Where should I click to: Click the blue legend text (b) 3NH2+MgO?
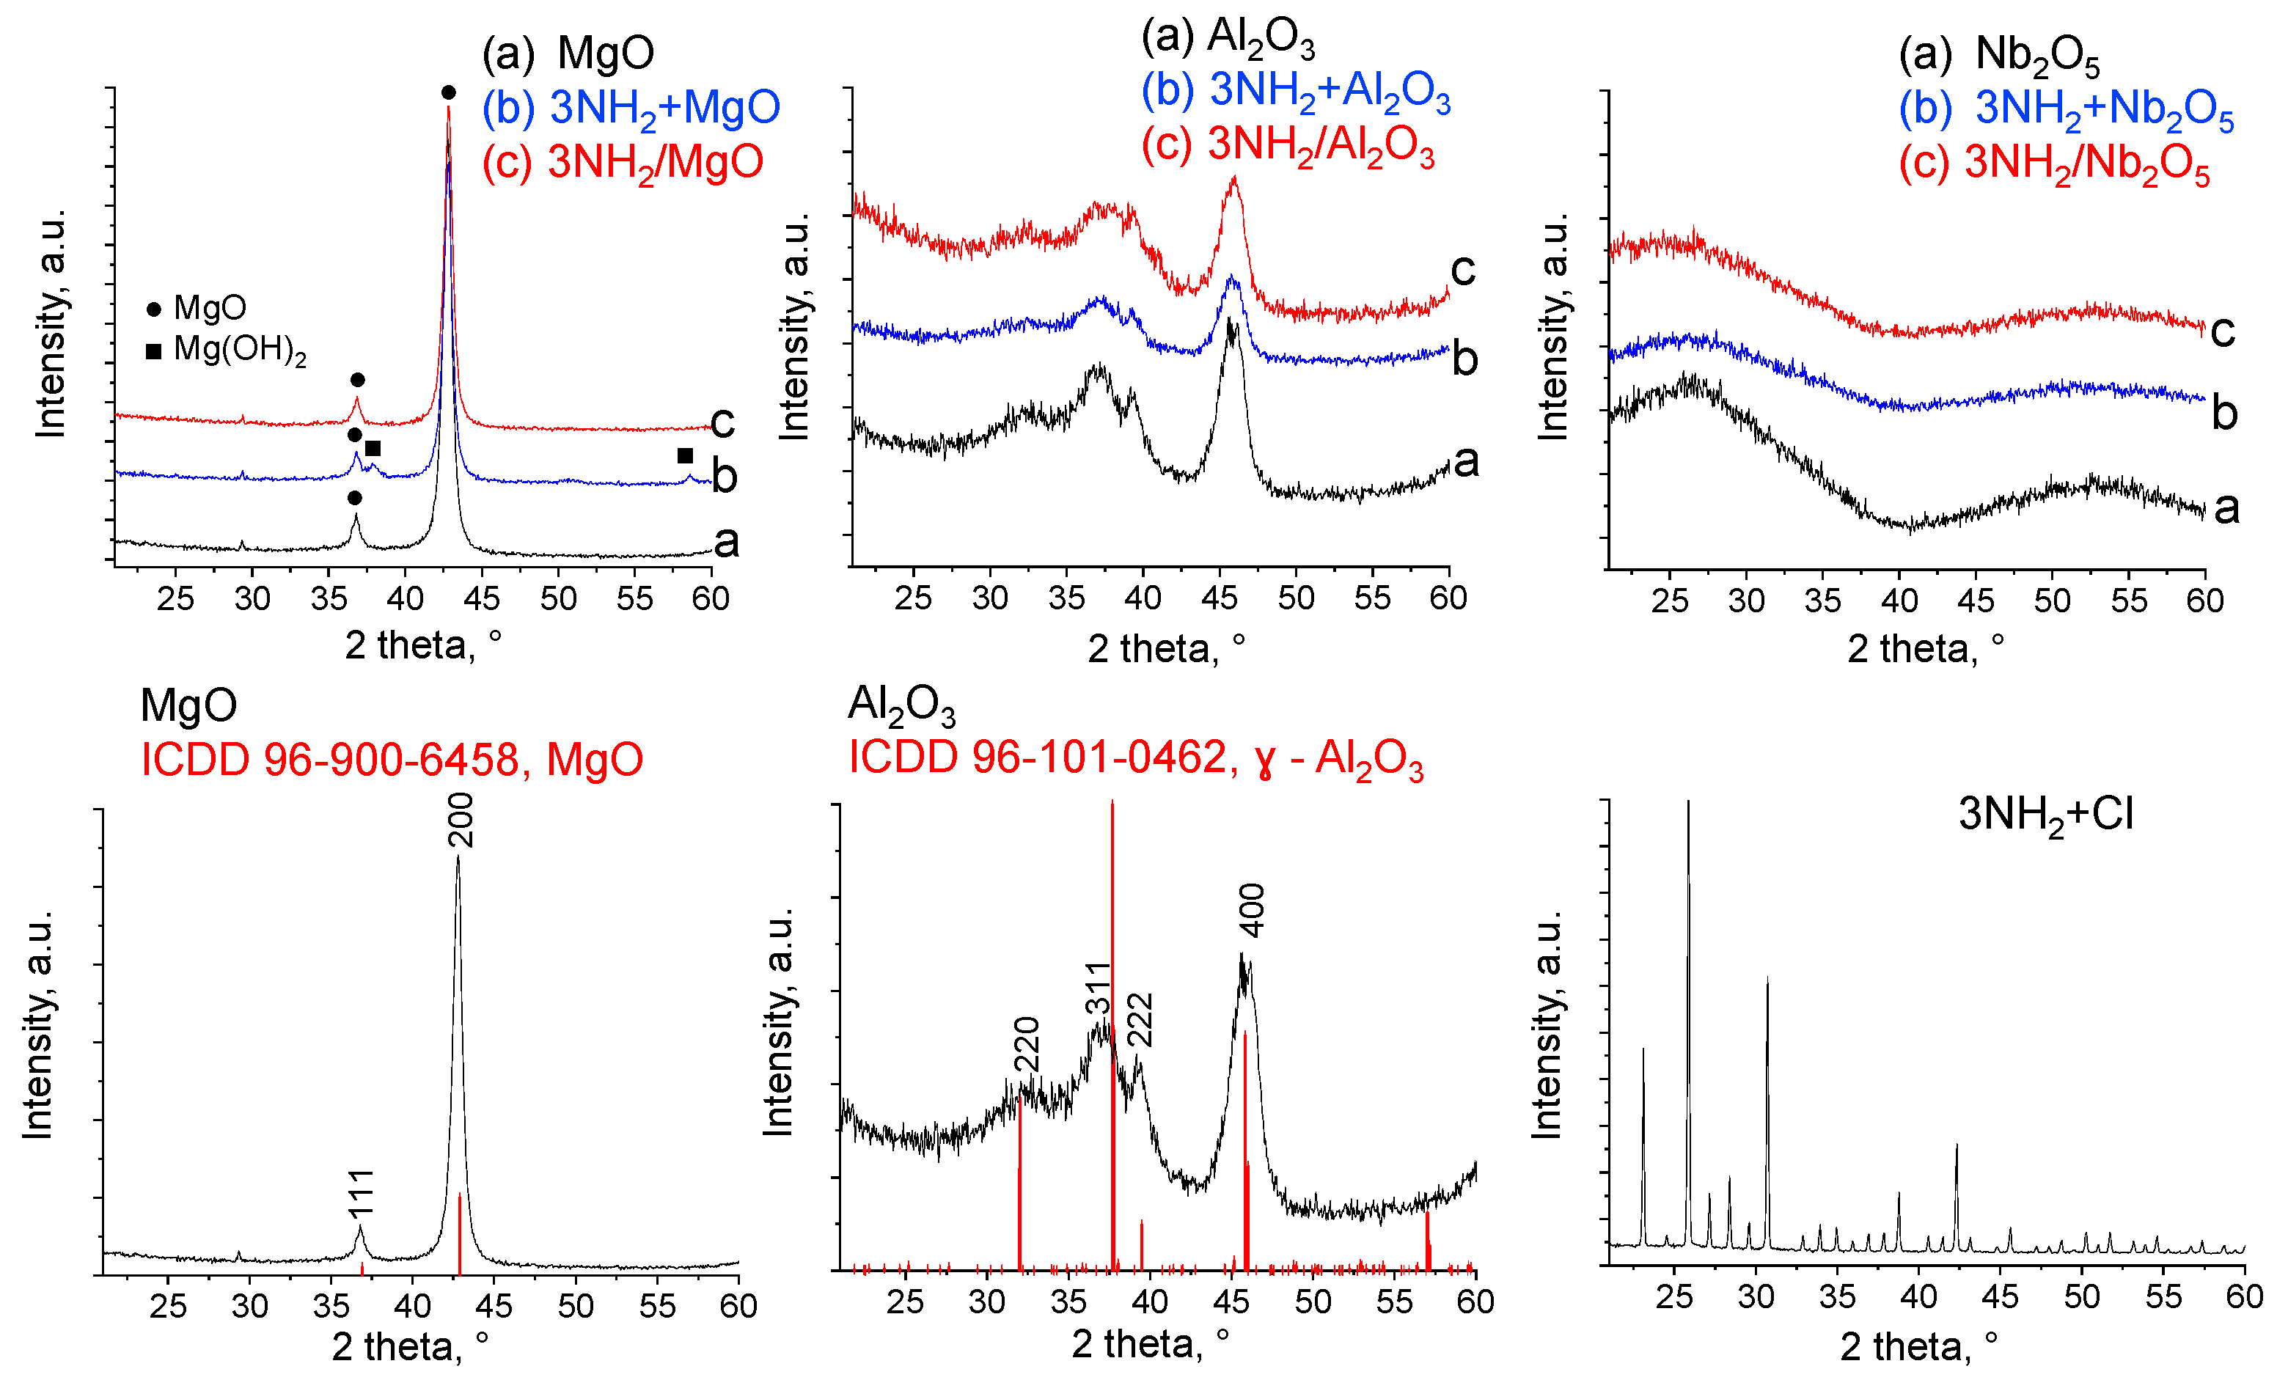[x=631, y=109]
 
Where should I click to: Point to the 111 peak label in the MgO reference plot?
[x=362, y=1192]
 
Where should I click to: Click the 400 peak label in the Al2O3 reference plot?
[x=1253, y=910]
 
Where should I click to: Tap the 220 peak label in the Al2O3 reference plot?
[x=1026, y=1045]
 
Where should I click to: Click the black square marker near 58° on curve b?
[x=685, y=455]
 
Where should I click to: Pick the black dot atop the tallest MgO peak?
[x=449, y=92]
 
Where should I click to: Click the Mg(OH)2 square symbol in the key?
[x=154, y=351]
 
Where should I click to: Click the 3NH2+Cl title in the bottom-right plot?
[x=2046, y=815]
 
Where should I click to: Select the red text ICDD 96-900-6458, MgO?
[x=391, y=760]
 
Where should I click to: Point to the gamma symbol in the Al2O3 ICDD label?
[x=1264, y=762]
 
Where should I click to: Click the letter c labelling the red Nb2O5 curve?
[x=2222, y=331]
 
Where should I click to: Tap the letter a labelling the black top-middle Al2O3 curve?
[x=1465, y=460]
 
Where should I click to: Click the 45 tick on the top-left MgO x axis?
[x=481, y=598]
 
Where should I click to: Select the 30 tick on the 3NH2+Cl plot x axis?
[x=1755, y=1296]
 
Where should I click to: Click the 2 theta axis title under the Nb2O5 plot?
[x=1925, y=648]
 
